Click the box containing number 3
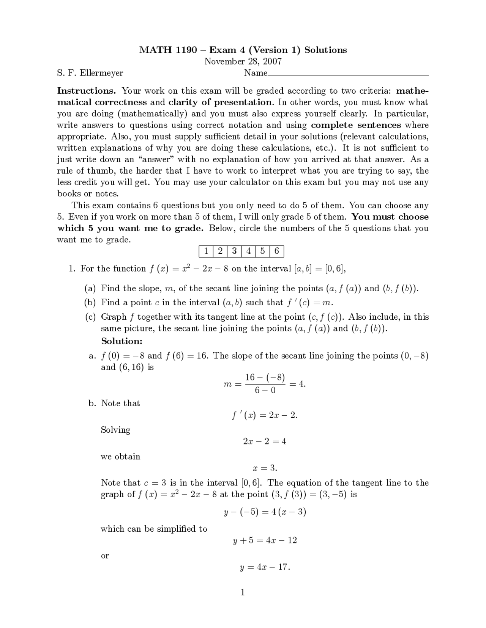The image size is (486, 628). coord(234,251)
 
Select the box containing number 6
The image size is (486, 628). coord(276,251)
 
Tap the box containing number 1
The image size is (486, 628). coord(205,251)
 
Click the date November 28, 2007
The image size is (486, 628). coord(243,61)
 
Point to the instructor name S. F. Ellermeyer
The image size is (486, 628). coord(90,73)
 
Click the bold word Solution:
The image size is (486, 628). coord(121,341)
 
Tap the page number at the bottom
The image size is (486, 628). coord(243,592)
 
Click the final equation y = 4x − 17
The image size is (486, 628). coord(265,567)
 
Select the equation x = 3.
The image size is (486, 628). coord(265,468)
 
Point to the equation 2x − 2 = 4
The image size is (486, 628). coord(265,441)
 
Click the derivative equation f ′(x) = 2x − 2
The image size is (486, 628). coord(265,415)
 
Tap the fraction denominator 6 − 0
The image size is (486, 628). coord(265,390)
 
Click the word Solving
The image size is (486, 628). coord(115,430)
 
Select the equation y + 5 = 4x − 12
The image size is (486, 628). coord(265,540)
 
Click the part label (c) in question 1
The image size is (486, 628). coord(90,317)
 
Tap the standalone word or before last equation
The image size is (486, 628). coord(105,556)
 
